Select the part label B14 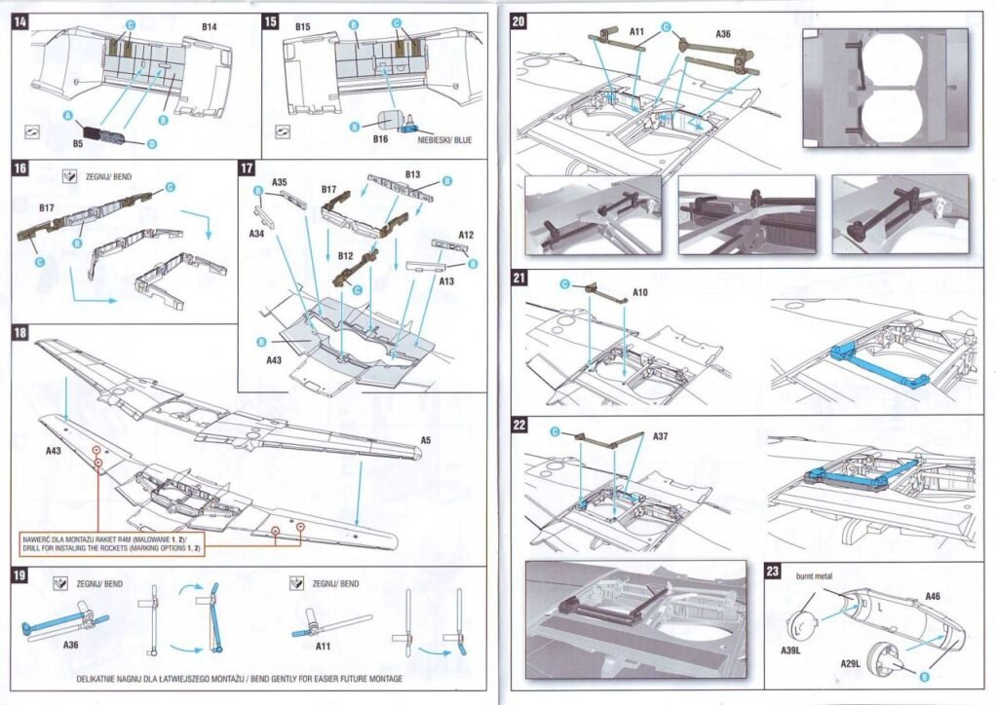[209, 29]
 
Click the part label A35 [280, 182]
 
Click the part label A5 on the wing [425, 441]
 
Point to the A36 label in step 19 [70, 645]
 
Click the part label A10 [640, 291]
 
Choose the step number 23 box [774, 572]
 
